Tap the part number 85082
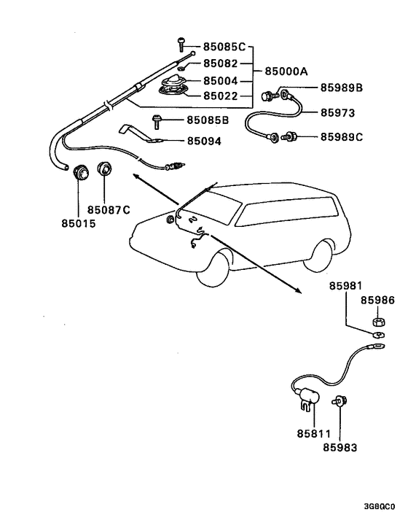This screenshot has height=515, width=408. click(221, 64)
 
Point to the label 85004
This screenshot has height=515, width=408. click(221, 81)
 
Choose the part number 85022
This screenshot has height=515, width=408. click(221, 95)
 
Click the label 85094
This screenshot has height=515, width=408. click(205, 141)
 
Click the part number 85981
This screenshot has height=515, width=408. click(345, 286)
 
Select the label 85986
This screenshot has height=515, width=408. click(377, 300)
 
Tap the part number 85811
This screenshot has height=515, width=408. click(314, 433)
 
